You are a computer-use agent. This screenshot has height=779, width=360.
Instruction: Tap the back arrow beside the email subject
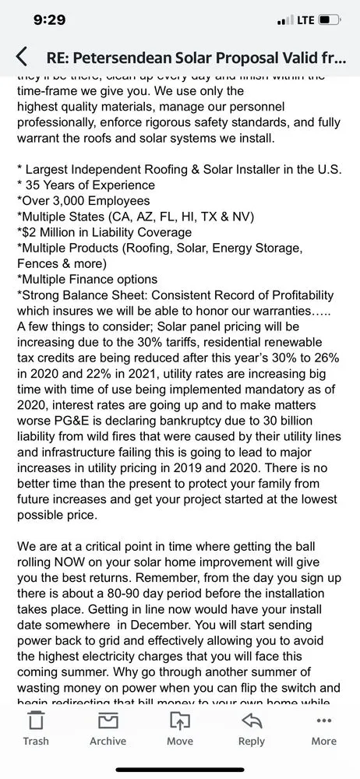(x=22, y=56)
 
